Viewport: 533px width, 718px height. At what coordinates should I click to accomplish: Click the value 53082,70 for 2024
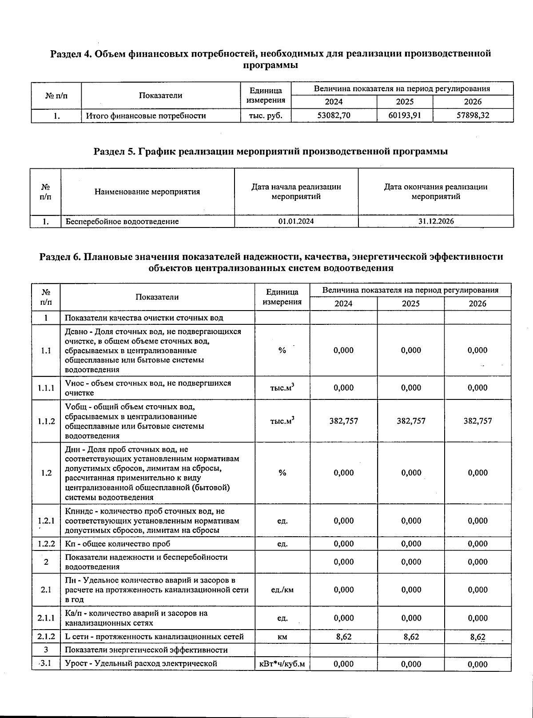coord(334,116)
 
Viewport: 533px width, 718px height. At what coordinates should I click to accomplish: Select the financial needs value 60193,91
coord(405,116)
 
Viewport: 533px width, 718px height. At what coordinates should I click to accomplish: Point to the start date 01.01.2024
coord(296,221)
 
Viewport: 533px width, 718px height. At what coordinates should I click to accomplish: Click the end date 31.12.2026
coord(436,221)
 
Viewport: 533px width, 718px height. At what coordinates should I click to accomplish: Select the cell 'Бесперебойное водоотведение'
coord(122,221)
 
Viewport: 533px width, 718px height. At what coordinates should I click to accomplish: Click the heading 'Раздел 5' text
coord(113,152)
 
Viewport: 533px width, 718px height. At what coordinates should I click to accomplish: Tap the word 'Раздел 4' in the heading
coord(70,54)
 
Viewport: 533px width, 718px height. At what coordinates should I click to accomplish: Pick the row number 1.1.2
coord(46,421)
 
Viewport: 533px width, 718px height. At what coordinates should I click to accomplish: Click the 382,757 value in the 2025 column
coord(411,421)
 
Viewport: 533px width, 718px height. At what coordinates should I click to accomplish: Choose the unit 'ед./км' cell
coord(282,590)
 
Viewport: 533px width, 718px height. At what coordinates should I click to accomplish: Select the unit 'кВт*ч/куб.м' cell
coord(282,664)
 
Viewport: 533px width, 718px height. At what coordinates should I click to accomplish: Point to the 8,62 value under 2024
coord(343,637)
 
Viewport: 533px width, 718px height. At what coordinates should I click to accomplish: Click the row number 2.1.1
coord(46,618)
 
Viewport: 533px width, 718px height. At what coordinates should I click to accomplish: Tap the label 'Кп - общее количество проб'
coord(118,544)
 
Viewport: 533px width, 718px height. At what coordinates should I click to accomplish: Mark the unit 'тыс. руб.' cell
coord(265,116)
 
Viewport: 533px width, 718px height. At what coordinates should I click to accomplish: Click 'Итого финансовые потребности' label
coord(146,116)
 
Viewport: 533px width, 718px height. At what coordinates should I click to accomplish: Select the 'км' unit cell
coord(282,637)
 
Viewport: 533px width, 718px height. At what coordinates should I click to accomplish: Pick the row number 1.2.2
coord(46,544)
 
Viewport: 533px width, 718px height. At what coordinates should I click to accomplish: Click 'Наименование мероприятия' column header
coord(147,192)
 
